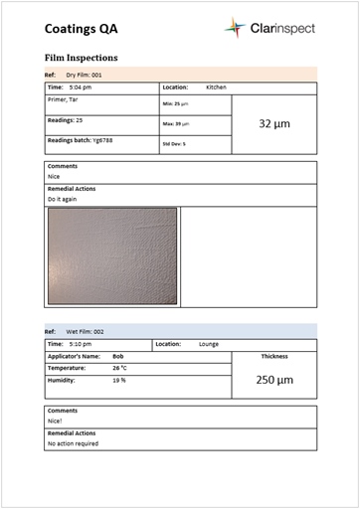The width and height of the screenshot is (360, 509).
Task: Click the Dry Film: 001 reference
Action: coord(84,75)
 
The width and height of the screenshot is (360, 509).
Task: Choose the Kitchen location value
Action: coord(216,87)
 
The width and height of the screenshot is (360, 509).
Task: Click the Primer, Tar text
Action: coord(65,98)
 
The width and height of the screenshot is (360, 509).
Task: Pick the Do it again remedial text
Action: coord(63,199)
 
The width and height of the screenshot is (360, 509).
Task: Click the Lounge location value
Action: coord(209,344)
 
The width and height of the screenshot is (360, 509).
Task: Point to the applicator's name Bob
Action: coord(118,355)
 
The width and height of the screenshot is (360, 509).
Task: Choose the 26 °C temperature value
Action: coord(119,368)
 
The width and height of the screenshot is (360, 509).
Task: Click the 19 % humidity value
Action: coord(118,380)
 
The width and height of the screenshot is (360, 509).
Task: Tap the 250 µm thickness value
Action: coord(273,380)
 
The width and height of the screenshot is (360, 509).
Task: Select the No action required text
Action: coord(73,443)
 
